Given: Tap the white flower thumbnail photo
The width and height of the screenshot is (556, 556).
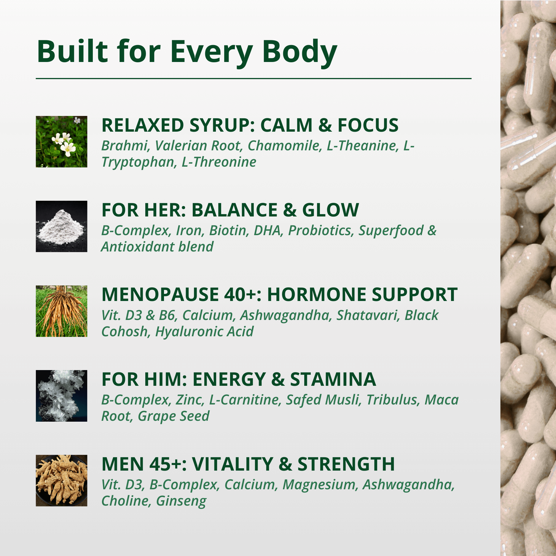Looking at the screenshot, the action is coord(61,141).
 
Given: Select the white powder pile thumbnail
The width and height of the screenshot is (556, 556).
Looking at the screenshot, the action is coord(61,226).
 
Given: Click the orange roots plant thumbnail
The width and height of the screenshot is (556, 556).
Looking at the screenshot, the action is coord(61,311).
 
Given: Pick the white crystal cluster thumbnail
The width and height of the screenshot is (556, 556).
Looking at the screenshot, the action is coord(61,396).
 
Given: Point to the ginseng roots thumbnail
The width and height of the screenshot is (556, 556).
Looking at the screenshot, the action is coord(61,480).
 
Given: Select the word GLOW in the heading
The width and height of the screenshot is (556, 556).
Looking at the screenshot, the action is coord(330,210).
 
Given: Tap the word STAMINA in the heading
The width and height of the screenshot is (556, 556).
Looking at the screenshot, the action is coord(333,379).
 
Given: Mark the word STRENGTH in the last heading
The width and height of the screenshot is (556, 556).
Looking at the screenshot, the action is coord(346,464).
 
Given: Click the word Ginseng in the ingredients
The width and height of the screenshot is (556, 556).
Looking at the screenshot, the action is coord(181,501).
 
